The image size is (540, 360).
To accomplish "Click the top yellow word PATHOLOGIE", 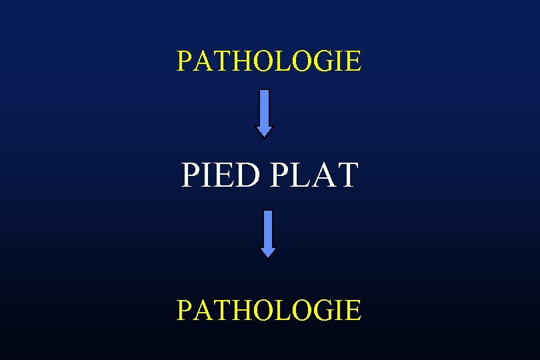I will (x=269, y=61).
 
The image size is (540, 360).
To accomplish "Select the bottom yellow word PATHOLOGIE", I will (x=269, y=310).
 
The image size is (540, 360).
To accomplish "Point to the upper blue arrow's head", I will (x=265, y=129).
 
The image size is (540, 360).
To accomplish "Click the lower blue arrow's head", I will (x=267, y=251).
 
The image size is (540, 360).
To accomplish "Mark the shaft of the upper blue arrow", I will (x=265, y=107).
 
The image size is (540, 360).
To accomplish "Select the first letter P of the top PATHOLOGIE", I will (x=184, y=61).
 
